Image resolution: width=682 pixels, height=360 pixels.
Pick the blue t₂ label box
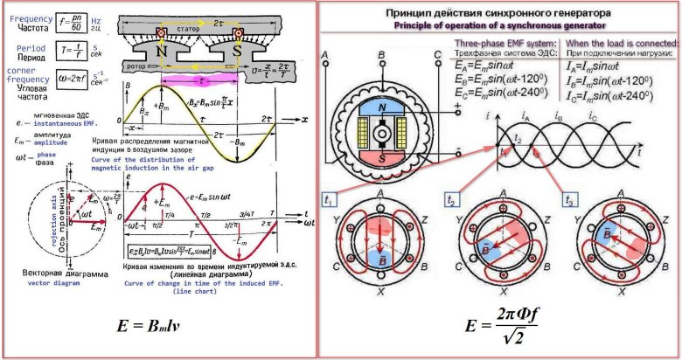(450, 198)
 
